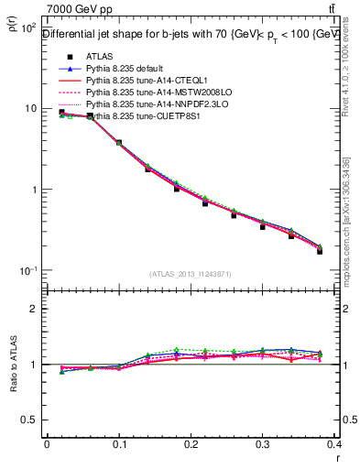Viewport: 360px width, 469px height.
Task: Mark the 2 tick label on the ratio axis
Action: coord(33,309)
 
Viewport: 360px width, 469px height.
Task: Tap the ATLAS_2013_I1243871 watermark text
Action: coord(191,274)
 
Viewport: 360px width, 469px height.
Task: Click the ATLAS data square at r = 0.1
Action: coord(119,143)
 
